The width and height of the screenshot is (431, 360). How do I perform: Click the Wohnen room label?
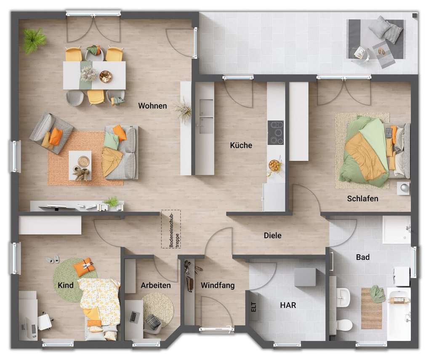point(152,106)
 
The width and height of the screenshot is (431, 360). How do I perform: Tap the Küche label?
point(241,145)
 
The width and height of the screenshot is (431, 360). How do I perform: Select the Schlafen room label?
point(362,198)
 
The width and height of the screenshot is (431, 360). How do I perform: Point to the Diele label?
point(272,236)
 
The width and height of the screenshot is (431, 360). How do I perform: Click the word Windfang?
point(217,285)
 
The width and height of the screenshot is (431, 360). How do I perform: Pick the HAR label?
point(288,305)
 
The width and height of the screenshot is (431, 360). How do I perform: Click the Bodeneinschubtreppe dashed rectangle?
point(171,229)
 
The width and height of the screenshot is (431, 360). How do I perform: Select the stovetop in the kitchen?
point(275,133)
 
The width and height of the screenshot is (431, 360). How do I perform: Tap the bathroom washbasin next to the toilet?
point(343,297)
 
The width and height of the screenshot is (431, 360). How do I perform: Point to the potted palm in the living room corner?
point(34,40)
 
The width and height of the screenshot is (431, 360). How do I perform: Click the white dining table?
point(94,75)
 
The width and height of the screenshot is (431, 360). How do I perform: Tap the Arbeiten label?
point(156,285)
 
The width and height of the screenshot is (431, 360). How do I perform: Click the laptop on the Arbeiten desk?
point(135,317)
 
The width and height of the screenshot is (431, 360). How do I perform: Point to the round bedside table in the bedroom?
point(403,188)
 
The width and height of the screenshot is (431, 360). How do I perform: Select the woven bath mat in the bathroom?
point(371,308)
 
